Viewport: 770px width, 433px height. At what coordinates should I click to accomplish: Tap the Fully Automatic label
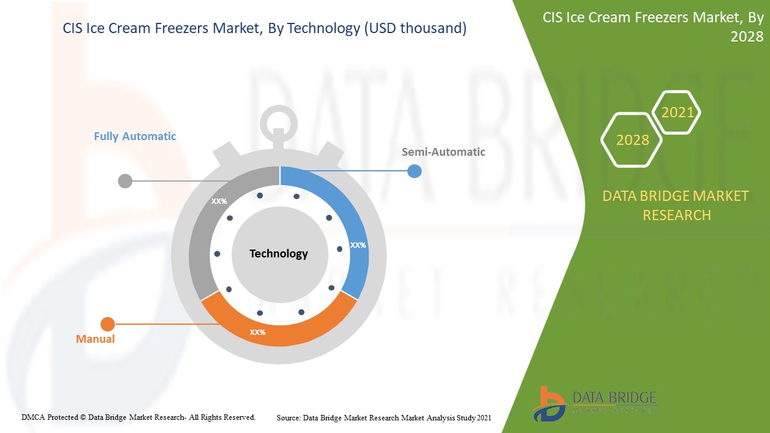click(135, 137)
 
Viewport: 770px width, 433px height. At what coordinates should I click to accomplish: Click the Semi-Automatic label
click(443, 152)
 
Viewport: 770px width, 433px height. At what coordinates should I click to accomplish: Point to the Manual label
click(95, 339)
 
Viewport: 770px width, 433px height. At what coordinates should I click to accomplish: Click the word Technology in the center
click(279, 254)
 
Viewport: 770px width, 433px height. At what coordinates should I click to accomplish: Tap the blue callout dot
click(414, 171)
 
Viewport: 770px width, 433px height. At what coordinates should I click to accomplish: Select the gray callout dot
click(125, 181)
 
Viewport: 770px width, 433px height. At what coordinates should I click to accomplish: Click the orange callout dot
click(108, 324)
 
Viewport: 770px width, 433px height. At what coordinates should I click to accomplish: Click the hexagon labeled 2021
click(677, 112)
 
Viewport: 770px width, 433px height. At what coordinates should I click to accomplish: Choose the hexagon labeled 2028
click(632, 140)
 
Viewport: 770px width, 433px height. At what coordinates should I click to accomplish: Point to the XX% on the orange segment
click(257, 333)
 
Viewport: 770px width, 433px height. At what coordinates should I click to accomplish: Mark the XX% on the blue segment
click(358, 245)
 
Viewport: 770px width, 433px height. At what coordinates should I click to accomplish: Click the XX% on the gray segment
click(219, 201)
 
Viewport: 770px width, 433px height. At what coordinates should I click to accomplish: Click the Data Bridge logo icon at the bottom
click(549, 404)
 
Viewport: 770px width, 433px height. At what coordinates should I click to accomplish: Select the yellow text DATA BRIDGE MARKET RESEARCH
click(676, 206)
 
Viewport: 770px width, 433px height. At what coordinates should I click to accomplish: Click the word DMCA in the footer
click(33, 417)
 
